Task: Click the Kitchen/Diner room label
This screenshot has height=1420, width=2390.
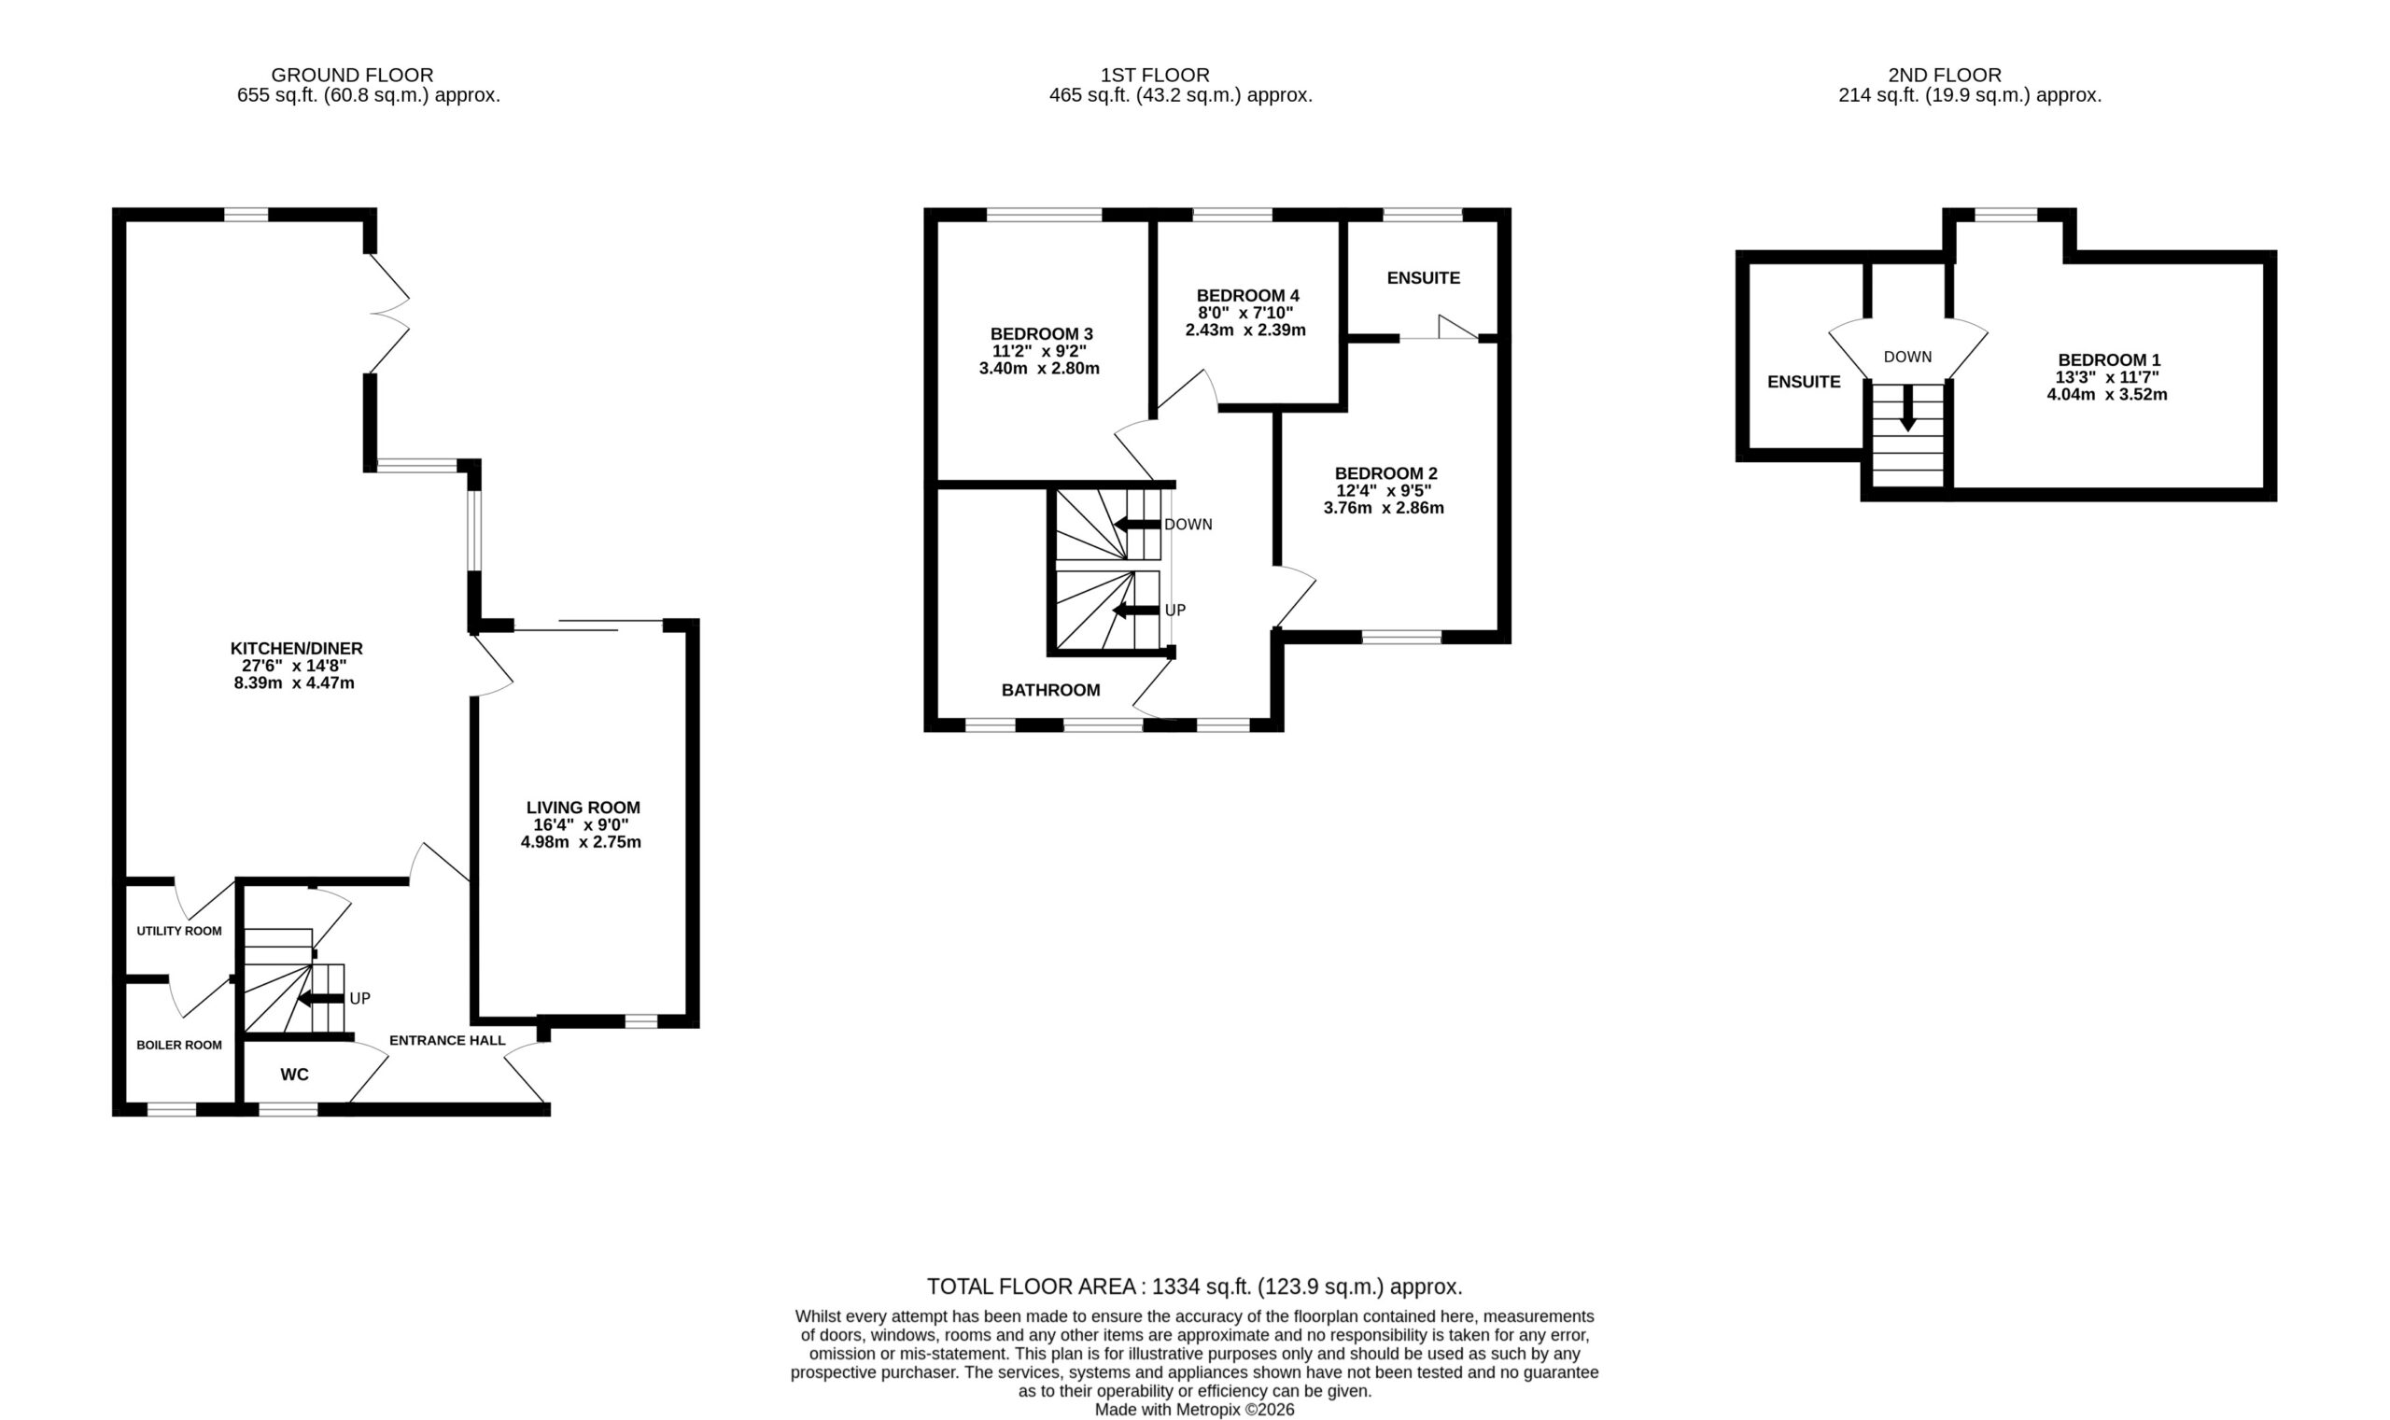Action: [297, 649]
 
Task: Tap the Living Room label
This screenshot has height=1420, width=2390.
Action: [583, 808]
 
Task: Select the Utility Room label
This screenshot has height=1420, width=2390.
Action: [179, 931]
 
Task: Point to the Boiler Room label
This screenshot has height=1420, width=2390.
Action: [179, 1045]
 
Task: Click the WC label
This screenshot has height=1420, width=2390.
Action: [295, 1075]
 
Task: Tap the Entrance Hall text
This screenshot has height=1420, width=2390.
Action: [447, 1040]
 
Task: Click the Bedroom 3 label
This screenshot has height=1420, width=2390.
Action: [1041, 334]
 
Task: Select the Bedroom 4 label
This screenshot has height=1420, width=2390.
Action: [1247, 296]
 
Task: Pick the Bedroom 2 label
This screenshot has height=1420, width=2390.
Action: [1385, 473]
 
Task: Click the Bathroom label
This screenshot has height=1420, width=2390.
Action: [1050, 690]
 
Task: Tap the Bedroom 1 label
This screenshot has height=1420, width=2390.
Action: [2109, 360]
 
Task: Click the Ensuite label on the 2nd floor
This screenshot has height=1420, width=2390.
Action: [1804, 382]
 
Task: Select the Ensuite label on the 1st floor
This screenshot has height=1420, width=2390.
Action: [1424, 278]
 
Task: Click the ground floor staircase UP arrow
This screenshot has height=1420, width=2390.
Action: [320, 999]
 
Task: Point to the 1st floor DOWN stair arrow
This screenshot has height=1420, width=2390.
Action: [1136, 524]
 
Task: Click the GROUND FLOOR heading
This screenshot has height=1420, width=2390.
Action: [352, 75]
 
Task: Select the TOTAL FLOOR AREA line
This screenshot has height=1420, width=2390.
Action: [1194, 1286]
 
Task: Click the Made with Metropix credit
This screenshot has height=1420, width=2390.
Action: [1194, 1410]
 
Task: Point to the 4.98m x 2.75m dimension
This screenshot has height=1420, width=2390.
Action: [581, 842]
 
